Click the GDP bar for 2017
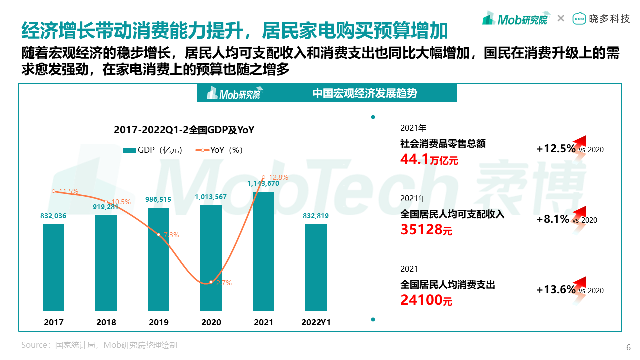tap(53, 267)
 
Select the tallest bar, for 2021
tap(263, 251)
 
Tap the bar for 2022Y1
tap(316, 267)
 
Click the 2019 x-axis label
tap(158, 323)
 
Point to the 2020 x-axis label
tap(211, 323)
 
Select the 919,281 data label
tap(106, 206)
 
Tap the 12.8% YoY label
tap(278, 177)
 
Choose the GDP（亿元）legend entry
tap(153, 150)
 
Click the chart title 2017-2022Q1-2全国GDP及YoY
tap(184, 130)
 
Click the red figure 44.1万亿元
tap(429, 159)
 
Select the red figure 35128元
tap(426, 230)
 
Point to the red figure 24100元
tap(426, 300)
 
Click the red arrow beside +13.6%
tap(578, 286)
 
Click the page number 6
tap(628, 348)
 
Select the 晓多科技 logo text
tap(610, 19)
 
